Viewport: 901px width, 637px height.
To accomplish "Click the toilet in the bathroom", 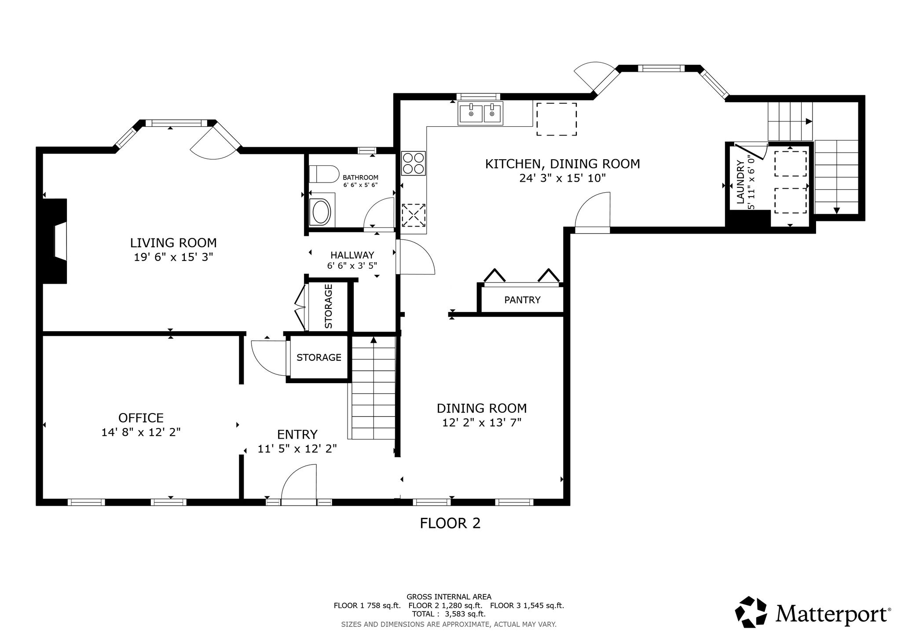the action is (x=322, y=174).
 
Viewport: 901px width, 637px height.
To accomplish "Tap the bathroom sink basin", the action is (x=321, y=212).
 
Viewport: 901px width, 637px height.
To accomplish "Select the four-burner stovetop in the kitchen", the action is (x=414, y=163).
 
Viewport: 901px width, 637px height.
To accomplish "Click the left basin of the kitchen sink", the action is (x=471, y=113).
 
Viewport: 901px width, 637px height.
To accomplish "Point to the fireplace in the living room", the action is (x=55, y=241).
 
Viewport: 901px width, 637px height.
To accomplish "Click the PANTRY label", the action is (x=522, y=300).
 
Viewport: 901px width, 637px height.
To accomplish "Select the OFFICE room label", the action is (x=141, y=417).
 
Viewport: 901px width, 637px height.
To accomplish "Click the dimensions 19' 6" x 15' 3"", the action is (x=173, y=257).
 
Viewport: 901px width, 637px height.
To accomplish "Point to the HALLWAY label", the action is (x=352, y=255).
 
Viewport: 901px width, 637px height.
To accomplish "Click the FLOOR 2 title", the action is (x=450, y=523).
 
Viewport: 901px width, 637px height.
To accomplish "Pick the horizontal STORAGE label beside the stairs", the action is (x=319, y=357).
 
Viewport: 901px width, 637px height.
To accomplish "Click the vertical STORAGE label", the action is (x=329, y=306).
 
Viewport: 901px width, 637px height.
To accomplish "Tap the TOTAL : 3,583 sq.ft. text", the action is (x=449, y=614).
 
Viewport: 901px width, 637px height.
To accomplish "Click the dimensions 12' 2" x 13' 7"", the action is (x=482, y=423).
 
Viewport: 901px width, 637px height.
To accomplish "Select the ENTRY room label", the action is (x=297, y=435).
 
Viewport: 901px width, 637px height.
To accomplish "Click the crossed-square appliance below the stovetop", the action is (x=414, y=215).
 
